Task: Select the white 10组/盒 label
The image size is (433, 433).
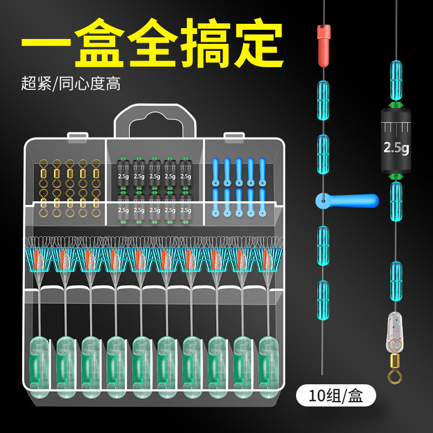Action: [x=336, y=397]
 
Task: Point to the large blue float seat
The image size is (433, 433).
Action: [x=346, y=201]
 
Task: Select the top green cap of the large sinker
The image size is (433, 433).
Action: [x=396, y=103]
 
